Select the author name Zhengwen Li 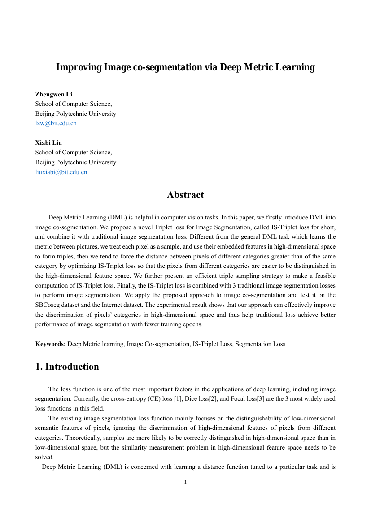coord(54,94)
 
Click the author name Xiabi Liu coord(48,143)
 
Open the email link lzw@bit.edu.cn coord(56,123)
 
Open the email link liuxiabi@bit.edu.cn coord(61,172)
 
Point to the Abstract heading coord(185,195)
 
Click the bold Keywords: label coord(51,344)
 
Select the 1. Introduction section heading coord(67,367)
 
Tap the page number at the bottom coord(185,482)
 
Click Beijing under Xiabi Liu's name coord(46,162)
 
